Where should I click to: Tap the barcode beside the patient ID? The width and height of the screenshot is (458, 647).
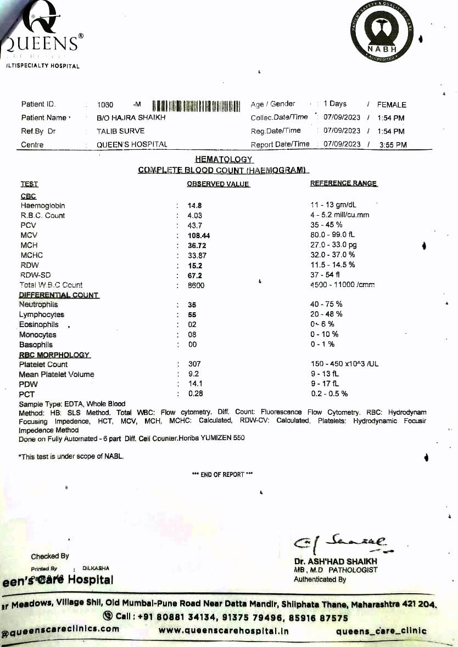[x=196, y=105]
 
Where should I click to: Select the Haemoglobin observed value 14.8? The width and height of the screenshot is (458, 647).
[x=196, y=206]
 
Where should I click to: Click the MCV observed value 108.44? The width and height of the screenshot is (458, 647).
[x=199, y=235]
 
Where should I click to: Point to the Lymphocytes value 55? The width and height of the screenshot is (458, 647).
[x=192, y=315]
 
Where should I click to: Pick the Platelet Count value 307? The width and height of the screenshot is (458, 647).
[x=194, y=364]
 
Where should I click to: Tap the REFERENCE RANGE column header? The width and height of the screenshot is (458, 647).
[x=344, y=184]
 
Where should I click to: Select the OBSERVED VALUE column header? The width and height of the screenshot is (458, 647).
[x=218, y=184]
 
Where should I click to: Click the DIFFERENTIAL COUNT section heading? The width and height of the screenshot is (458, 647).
[x=59, y=295]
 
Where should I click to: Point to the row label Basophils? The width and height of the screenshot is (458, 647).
[x=36, y=345]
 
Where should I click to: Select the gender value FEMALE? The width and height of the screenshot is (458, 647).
[x=392, y=104]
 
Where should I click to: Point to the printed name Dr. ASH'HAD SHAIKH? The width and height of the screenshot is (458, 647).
[x=336, y=561]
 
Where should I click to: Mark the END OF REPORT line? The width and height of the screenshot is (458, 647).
[x=222, y=475]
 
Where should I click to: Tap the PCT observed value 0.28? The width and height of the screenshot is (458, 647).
[x=195, y=394]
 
